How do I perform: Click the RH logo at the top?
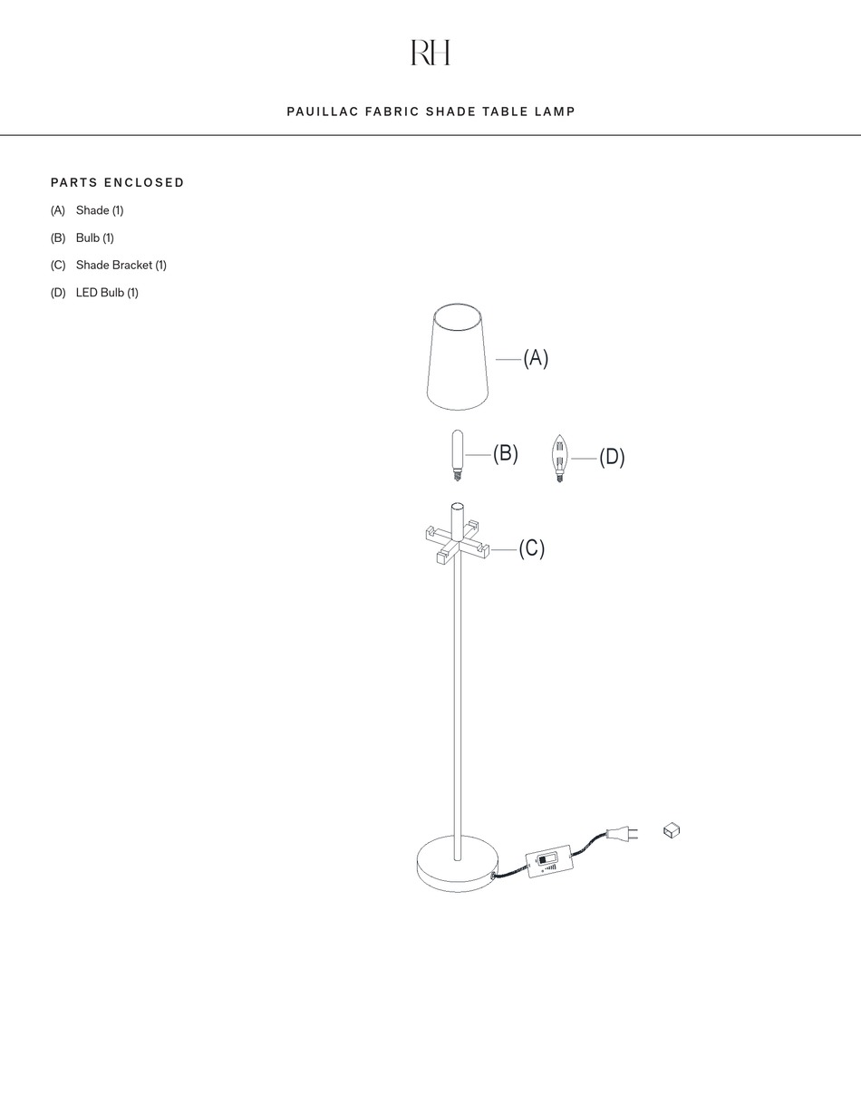[430, 53]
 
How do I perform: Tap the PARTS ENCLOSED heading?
[118, 182]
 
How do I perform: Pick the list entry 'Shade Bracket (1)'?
[121, 265]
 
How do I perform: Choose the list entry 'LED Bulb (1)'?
[107, 292]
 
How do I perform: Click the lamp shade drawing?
[457, 357]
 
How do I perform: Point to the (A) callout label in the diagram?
[536, 358]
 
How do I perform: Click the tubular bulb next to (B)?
[457, 454]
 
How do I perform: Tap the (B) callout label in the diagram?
[506, 453]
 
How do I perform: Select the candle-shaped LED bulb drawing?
[559, 457]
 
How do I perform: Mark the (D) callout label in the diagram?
[612, 457]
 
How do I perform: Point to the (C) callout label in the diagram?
[532, 548]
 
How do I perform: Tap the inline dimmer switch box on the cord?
[549, 860]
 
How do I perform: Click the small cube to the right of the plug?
[672, 829]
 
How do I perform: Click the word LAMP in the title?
[556, 111]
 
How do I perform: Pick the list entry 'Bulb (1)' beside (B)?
[94, 237]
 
